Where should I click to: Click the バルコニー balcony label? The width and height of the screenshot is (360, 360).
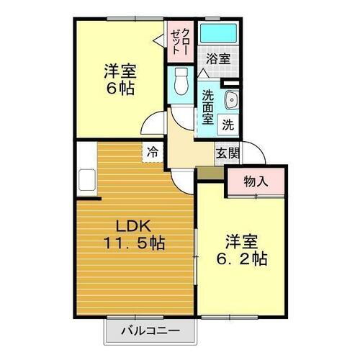(150, 332)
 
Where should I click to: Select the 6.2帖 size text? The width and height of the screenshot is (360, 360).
(245, 258)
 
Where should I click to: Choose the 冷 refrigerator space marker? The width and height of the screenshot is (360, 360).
(152, 151)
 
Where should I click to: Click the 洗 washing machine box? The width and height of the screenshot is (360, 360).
(228, 124)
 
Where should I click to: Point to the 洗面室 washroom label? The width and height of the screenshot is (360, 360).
(208, 106)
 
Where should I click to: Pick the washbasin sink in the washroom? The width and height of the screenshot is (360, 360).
(231, 100)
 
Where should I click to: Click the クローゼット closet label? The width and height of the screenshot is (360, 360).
(180, 41)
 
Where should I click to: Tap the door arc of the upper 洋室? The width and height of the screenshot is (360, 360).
(154, 124)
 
